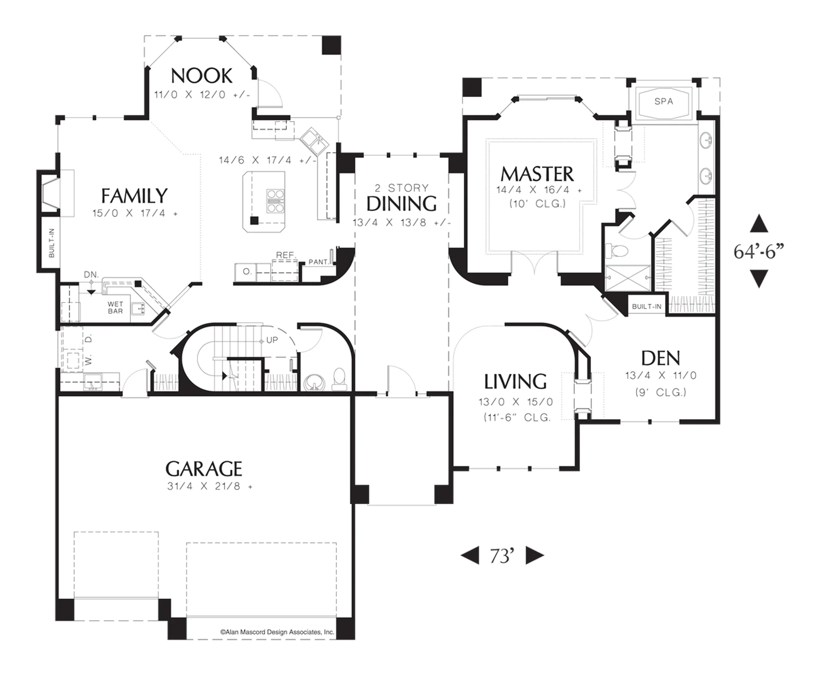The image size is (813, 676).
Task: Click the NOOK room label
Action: [202, 76]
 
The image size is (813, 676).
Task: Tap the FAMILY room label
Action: [134, 196]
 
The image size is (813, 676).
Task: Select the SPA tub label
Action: [663, 101]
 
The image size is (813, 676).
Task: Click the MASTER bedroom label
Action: [537, 174]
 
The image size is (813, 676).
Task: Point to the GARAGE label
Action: [204, 469]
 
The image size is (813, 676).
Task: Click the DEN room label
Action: [661, 358]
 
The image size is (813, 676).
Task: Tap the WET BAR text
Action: [115, 308]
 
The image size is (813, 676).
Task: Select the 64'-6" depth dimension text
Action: [759, 251]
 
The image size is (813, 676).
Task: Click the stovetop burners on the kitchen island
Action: [275, 201]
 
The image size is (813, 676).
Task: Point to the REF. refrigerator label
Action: [285, 255]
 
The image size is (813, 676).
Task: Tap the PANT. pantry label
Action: [319, 262]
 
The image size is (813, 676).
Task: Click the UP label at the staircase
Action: [272, 340]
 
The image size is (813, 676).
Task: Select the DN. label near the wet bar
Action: [91, 275]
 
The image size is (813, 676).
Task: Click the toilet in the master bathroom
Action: [617, 250]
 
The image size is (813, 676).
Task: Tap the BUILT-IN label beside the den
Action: [646, 307]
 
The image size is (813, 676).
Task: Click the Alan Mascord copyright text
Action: [277, 632]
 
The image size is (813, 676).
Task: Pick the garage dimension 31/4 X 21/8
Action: [209, 486]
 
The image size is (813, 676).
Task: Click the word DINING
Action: [402, 204]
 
